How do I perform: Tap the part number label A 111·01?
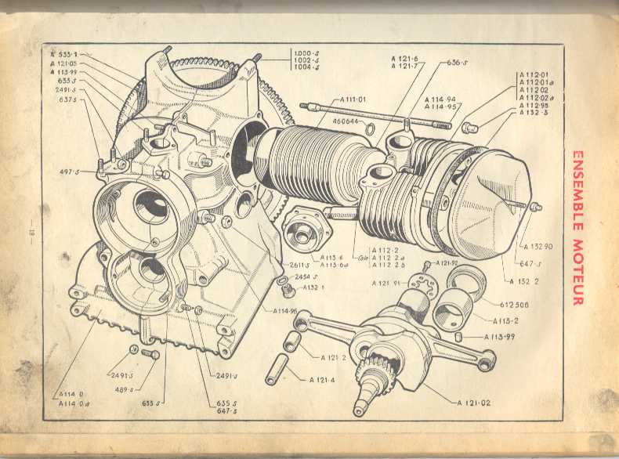coord(353,99)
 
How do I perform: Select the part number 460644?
coord(346,121)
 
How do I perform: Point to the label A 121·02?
coord(475,403)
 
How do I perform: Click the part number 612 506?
coord(514,305)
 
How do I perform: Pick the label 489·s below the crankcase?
coord(124,389)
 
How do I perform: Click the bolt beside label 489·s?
coord(149,355)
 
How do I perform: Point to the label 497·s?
coord(69,172)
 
